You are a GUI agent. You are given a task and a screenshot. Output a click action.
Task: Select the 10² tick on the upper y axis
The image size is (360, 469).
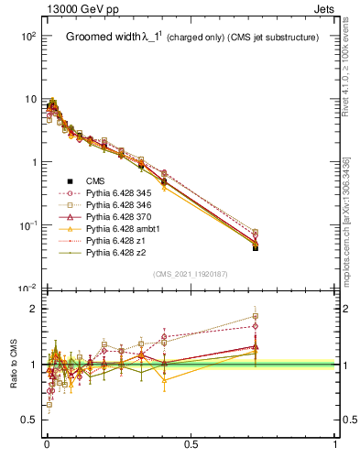click(x=27, y=36)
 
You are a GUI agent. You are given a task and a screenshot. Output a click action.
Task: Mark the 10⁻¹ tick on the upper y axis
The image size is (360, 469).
click(x=27, y=225)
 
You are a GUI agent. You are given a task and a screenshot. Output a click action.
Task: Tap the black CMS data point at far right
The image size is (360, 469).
click(x=256, y=248)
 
